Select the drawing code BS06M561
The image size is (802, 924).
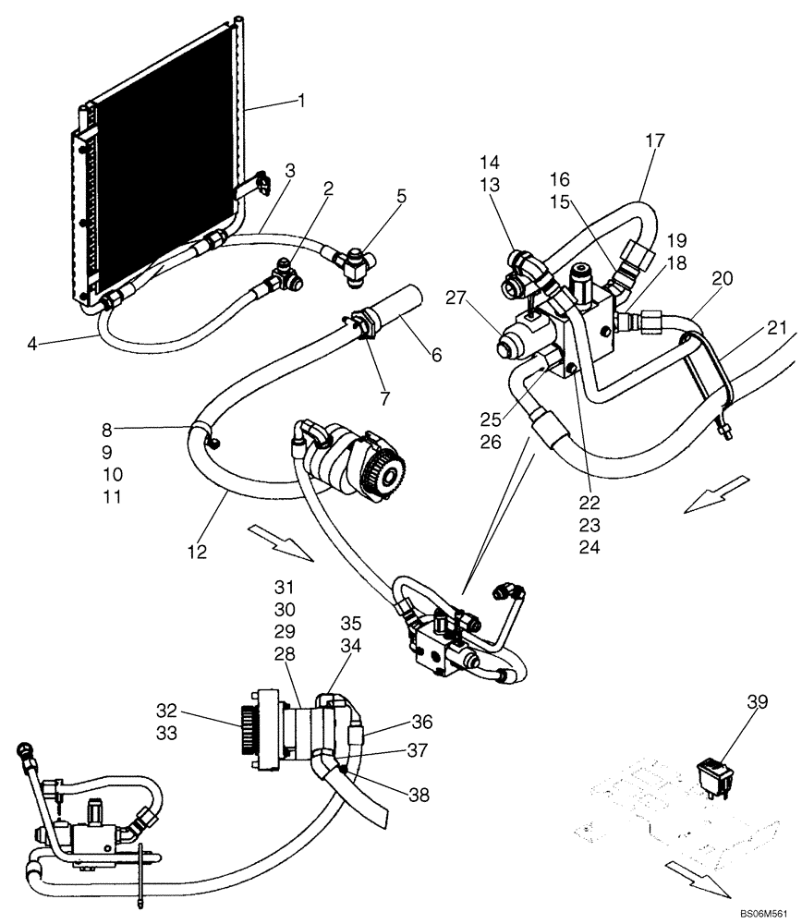763,913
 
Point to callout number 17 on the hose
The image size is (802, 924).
655,140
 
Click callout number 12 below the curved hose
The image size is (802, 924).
197,552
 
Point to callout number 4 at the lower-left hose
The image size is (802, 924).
33,346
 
